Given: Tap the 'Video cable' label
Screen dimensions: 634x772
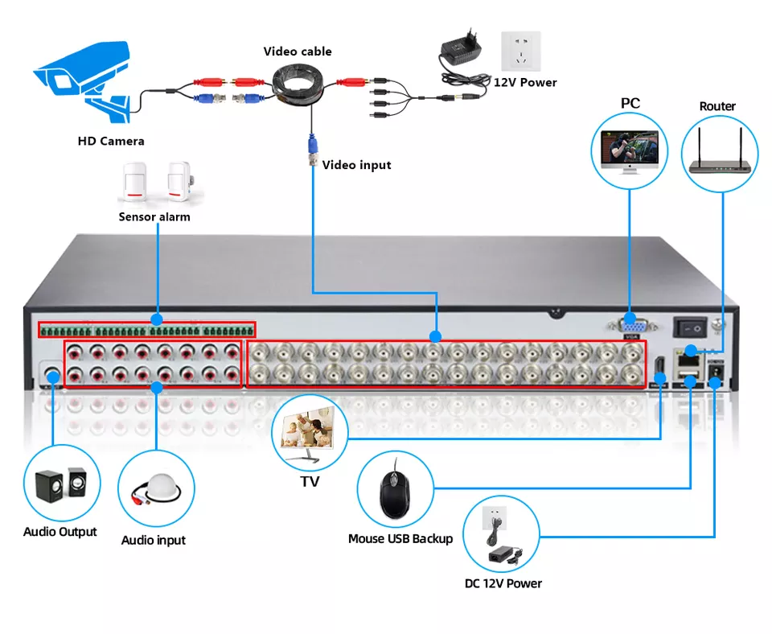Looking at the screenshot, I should click(298, 51).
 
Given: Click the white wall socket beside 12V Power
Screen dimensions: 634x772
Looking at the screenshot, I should click(520, 51).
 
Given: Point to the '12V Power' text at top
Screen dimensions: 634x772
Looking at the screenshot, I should click(524, 82).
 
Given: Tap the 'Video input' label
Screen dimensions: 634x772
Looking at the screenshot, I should click(356, 165).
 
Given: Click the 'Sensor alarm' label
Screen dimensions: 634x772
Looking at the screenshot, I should click(154, 216).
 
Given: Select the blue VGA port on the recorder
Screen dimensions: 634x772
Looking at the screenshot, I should click(629, 326).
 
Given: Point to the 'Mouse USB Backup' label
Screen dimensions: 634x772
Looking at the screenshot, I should click(400, 539).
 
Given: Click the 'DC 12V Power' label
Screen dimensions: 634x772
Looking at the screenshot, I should click(503, 583).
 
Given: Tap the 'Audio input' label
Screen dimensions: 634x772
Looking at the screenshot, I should click(154, 541).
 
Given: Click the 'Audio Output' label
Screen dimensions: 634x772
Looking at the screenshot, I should click(60, 532).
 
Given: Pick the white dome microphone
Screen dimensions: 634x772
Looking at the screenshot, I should click(162, 486).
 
